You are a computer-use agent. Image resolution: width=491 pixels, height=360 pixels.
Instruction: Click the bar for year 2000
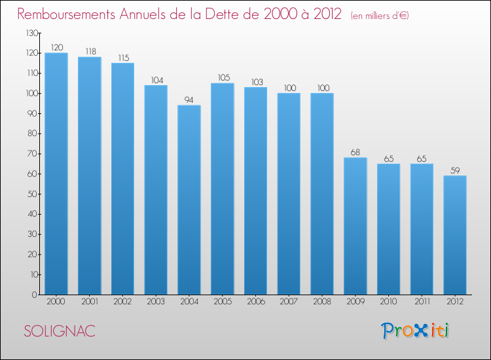(56, 173)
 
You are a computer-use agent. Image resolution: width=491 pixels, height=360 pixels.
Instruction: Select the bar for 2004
(189, 200)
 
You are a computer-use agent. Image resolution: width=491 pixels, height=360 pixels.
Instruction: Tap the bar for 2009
(355, 226)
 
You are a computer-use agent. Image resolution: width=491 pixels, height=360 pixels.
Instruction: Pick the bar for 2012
(455, 235)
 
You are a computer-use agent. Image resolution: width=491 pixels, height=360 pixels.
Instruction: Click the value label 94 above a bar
(189, 99)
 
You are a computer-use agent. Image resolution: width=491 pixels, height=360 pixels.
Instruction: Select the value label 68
(355, 151)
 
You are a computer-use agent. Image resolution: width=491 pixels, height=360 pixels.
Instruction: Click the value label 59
(455, 170)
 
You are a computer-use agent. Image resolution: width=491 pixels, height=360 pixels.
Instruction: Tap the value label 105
(223, 77)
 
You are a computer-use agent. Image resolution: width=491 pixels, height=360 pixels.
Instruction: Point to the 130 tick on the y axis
(30, 33)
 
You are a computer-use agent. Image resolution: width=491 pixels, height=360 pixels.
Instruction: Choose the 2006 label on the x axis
(256, 302)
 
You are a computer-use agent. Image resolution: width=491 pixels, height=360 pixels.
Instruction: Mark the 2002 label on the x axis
(123, 302)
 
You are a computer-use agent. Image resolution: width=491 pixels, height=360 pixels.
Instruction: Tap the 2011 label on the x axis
(422, 302)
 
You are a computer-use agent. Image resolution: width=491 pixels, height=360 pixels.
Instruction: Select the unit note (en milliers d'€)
(380, 15)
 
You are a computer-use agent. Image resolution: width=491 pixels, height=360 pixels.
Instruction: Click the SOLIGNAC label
(60, 331)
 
